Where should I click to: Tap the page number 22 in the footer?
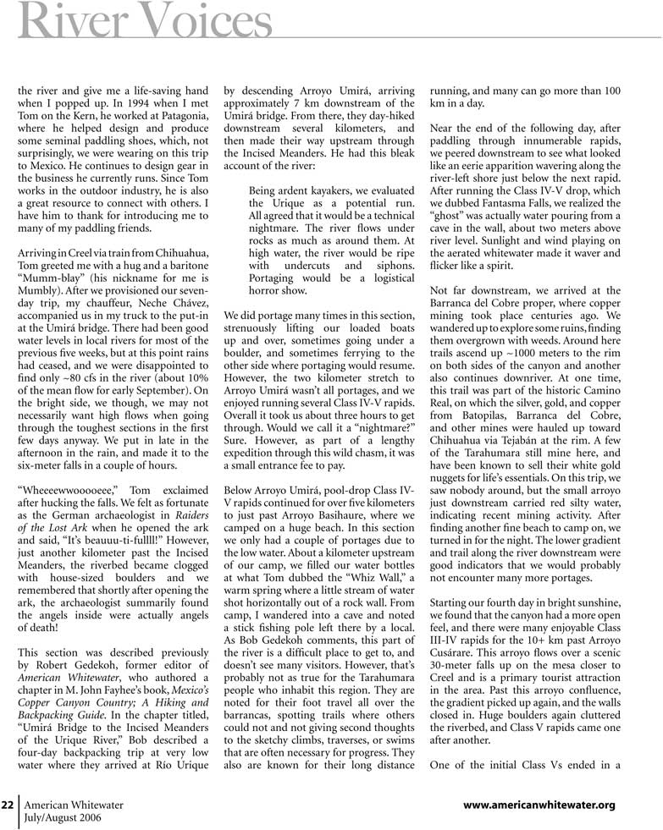[x=9, y=804]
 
